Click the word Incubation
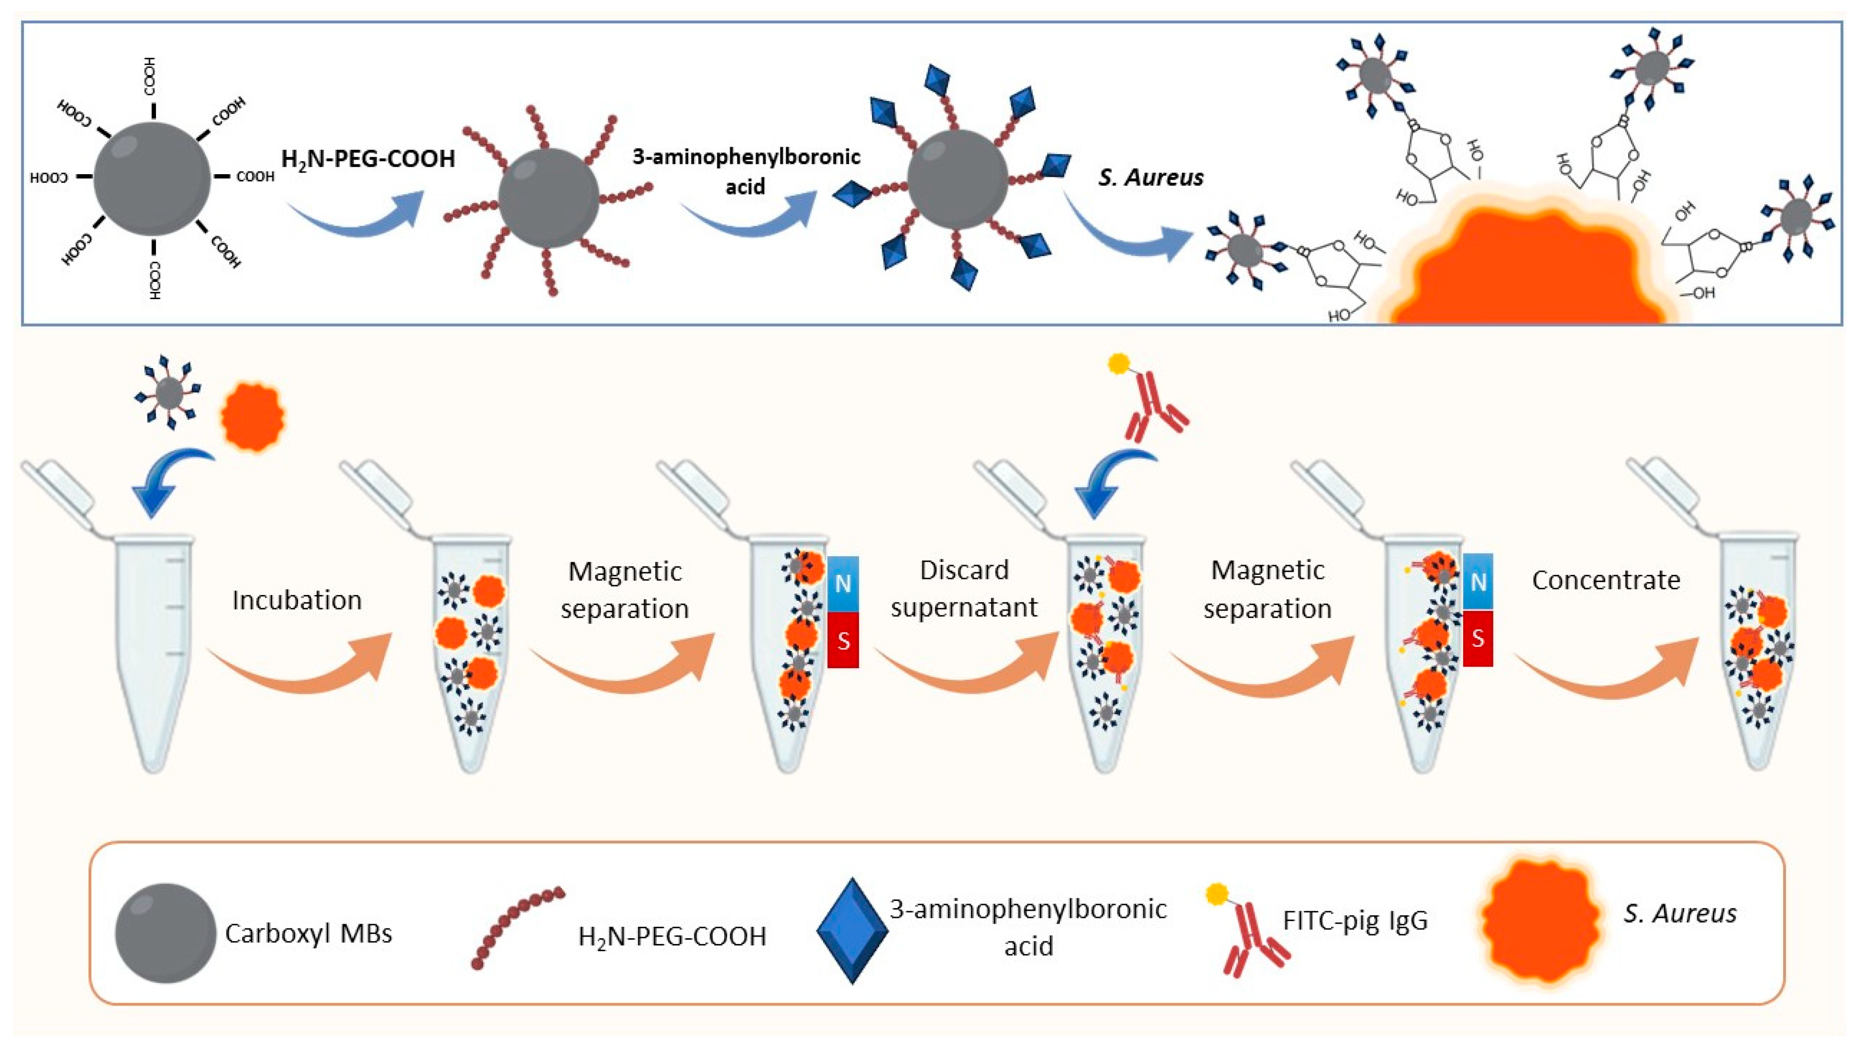pos(297,600)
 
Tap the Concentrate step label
pos(1605,580)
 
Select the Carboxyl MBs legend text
pos(308,933)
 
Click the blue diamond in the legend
pos(852,931)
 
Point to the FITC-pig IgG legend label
pos(1354,921)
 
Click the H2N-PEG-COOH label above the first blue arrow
pos(368,159)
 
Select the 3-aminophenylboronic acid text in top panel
pos(746,171)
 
